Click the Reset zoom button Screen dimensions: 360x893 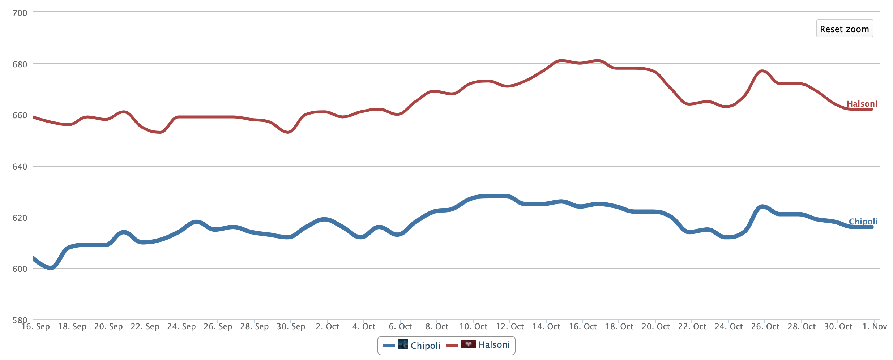pyautogui.click(x=844, y=29)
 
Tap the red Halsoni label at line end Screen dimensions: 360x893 pyautogui.click(x=862, y=104)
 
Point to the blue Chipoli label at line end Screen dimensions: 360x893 pyautogui.click(x=863, y=222)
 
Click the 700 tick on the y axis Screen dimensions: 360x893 pyautogui.click(x=20, y=13)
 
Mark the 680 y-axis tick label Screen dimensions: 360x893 pyautogui.click(x=20, y=64)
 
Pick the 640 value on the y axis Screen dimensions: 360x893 pyautogui.click(x=20, y=167)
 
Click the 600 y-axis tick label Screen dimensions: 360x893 pyautogui.click(x=20, y=269)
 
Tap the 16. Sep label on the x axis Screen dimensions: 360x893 pyautogui.click(x=36, y=327)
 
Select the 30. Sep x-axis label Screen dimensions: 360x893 pyautogui.click(x=291, y=327)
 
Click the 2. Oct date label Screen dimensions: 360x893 pyautogui.click(x=328, y=327)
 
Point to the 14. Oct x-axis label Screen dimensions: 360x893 pyautogui.click(x=546, y=327)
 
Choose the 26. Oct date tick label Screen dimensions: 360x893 pyautogui.click(x=765, y=327)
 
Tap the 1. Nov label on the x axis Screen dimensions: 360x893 pyautogui.click(x=875, y=327)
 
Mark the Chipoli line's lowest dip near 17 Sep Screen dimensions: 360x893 pyautogui.click(x=51, y=268)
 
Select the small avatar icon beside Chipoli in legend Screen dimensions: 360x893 pyautogui.click(x=403, y=344)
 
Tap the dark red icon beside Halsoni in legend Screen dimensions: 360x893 pyautogui.click(x=468, y=344)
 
